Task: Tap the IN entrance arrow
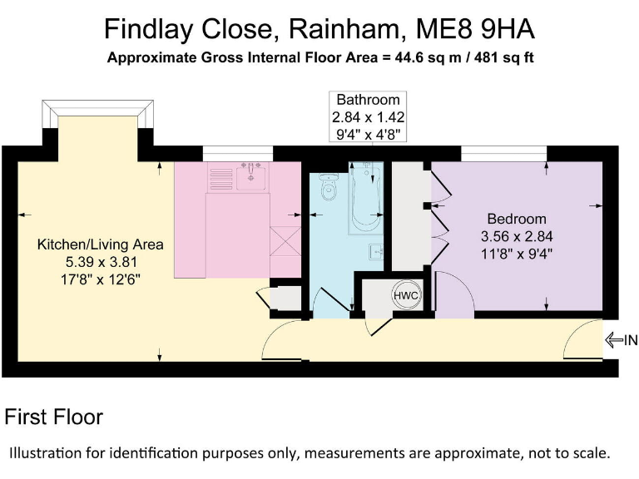point(621,339)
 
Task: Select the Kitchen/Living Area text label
point(101,244)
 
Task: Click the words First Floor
point(54,417)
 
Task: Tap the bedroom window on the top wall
point(503,153)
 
